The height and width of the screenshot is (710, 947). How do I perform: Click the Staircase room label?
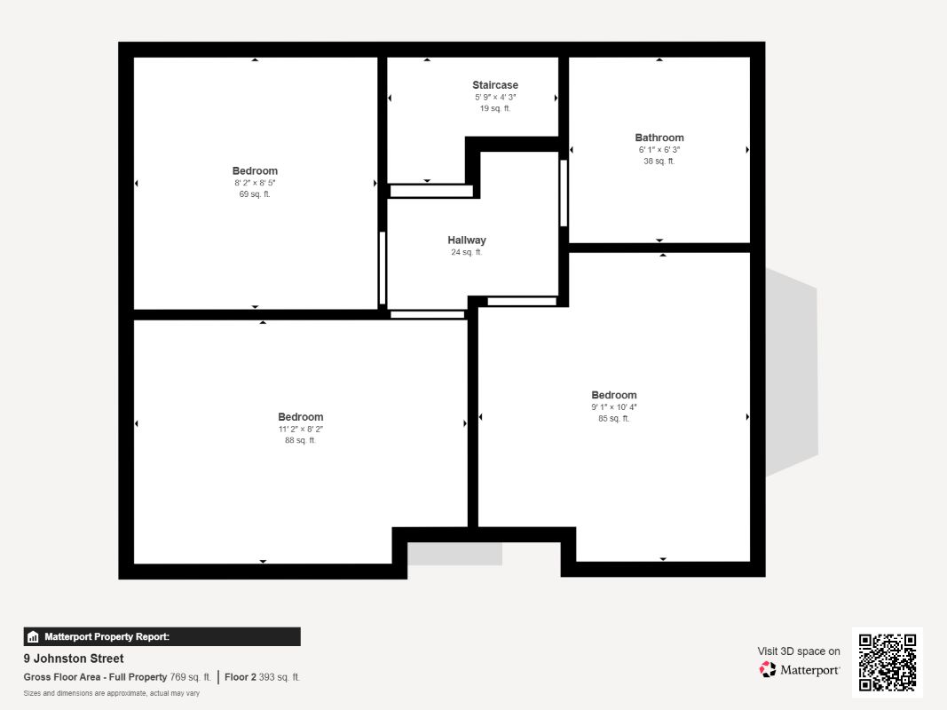click(x=495, y=85)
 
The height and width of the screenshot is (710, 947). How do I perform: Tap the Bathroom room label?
click(x=659, y=138)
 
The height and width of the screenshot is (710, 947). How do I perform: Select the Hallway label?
click(x=467, y=241)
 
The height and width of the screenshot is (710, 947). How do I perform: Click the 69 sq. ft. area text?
click(x=255, y=194)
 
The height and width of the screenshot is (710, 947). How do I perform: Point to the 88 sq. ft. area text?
click(x=300, y=441)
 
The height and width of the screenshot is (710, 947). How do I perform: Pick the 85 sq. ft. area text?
click(x=613, y=418)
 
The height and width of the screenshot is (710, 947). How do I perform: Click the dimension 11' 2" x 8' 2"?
click(x=301, y=430)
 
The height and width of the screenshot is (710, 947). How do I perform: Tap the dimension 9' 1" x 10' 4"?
click(x=613, y=407)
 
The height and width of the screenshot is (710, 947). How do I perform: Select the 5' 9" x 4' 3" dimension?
click(x=495, y=98)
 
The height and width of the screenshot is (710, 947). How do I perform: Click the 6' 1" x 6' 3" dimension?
click(x=659, y=150)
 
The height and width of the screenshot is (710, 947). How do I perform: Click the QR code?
click(x=888, y=662)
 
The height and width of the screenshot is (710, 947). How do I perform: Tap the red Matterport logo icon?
click(x=767, y=669)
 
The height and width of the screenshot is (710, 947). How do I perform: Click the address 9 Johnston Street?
click(x=74, y=659)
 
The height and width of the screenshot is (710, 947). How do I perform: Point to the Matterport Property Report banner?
click(x=162, y=636)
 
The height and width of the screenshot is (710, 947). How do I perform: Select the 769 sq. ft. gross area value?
click(x=190, y=677)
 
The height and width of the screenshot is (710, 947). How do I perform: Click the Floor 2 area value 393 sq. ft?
click(x=280, y=677)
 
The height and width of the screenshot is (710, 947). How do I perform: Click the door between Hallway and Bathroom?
click(x=564, y=193)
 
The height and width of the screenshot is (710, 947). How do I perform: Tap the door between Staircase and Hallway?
click(x=431, y=191)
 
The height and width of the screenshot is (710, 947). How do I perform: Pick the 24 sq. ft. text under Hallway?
click(x=467, y=252)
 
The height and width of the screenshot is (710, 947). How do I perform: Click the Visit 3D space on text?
click(x=799, y=651)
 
